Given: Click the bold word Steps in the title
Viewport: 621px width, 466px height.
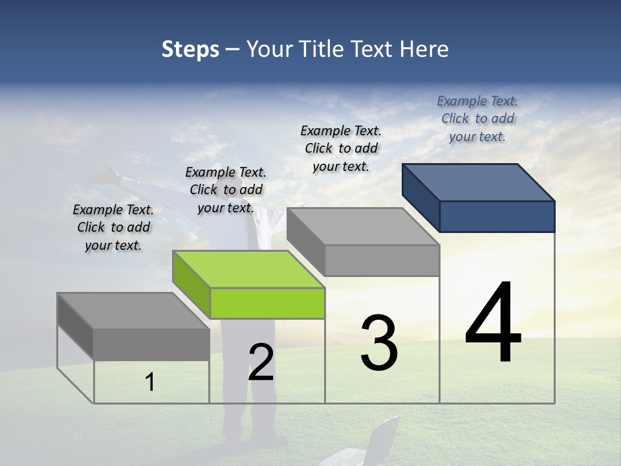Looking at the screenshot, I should [190, 49].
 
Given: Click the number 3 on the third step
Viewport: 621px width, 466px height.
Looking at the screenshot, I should [379, 342].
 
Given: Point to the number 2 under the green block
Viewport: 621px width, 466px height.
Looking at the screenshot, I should [261, 362].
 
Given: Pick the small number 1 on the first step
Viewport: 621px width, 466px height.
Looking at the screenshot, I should [150, 383].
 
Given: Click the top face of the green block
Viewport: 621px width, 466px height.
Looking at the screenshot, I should [248, 269].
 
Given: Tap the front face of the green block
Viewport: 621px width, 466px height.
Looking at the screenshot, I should [267, 304].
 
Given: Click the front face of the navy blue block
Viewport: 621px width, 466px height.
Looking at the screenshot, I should [497, 216].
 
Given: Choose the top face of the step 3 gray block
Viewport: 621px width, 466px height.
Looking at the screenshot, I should [363, 226].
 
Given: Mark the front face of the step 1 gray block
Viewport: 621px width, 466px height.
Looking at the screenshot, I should [151, 344].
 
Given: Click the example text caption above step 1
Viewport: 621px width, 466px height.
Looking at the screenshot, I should [113, 227].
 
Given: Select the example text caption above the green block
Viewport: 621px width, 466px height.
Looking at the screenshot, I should [226, 190].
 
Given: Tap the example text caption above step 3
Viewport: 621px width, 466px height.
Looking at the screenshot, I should [341, 148].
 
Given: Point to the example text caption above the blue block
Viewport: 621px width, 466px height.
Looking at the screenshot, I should [477, 118].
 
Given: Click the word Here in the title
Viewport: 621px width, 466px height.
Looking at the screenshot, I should [424, 49].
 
